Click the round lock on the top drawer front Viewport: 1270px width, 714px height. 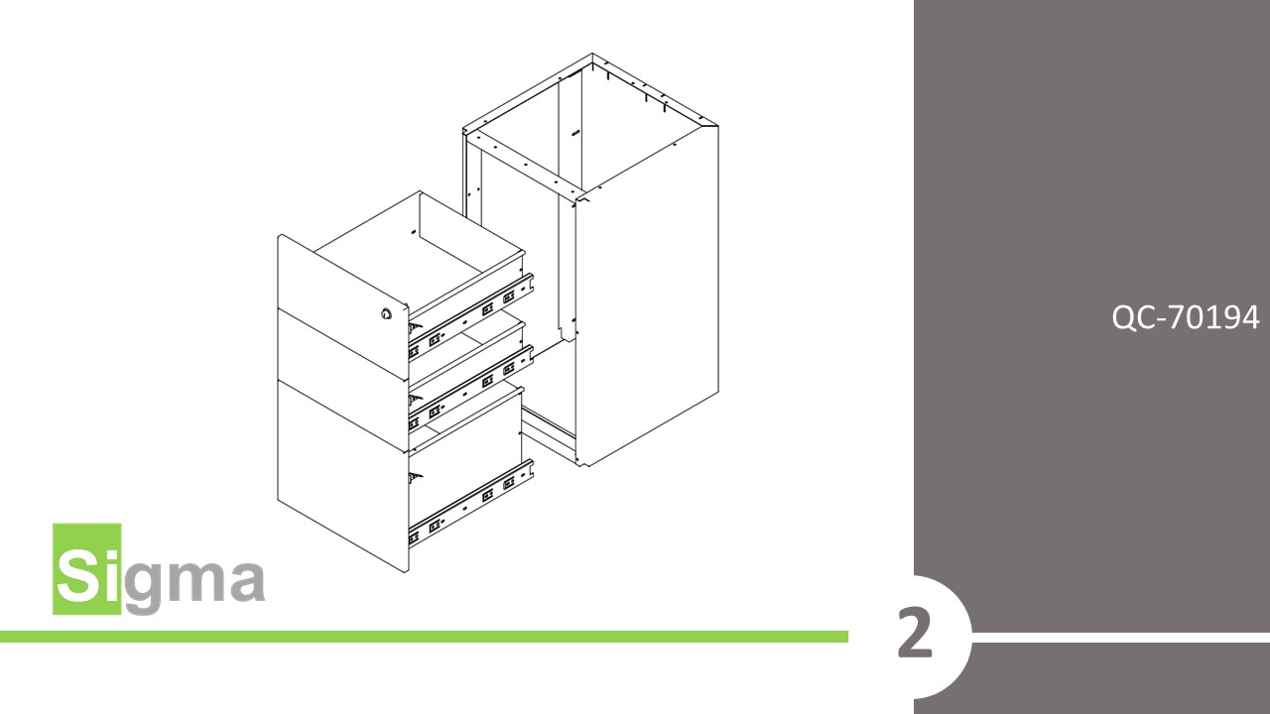coord(387,314)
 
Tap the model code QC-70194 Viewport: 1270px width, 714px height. coord(1185,317)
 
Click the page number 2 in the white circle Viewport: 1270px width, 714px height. coord(915,634)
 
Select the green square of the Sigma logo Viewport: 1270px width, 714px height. coord(86,568)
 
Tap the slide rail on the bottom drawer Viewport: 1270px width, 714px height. coord(471,502)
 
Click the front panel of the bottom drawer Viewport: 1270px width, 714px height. coord(342,476)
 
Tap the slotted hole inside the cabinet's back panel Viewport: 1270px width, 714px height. coord(576,133)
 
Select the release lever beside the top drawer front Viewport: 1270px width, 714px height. coord(415,328)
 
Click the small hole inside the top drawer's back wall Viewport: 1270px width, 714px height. coord(413,232)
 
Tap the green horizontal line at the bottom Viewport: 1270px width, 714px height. coord(424,637)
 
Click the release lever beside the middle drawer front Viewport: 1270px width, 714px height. coord(415,400)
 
